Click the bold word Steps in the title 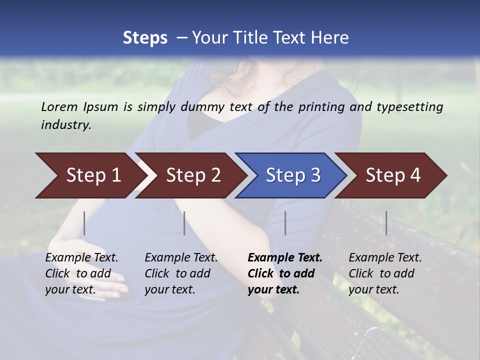[145, 38]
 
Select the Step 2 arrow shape [193, 175]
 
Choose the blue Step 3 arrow [293, 175]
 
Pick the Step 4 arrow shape [393, 175]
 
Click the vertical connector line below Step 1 [84, 223]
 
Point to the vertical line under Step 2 [184, 223]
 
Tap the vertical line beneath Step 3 [285, 223]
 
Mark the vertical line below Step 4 [386, 223]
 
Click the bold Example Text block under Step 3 [284, 273]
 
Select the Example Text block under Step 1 [81, 273]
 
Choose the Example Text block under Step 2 [181, 273]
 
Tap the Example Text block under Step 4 [385, 273]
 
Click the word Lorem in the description [59, 106]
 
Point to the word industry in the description [66, 124]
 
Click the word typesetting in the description [412, 107]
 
